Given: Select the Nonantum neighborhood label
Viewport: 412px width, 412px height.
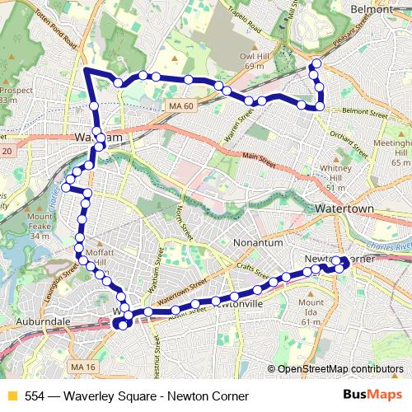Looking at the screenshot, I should tap(258, 244).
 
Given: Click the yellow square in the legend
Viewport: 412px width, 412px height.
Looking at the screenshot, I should tap(11, 396).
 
